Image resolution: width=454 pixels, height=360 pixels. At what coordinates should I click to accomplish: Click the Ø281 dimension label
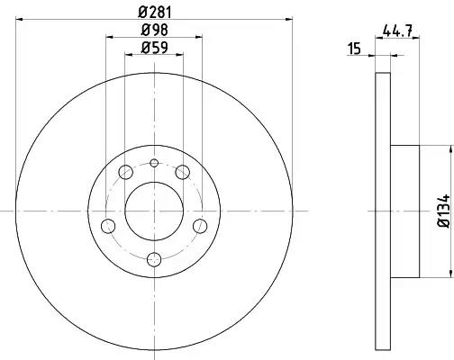click(155, 13)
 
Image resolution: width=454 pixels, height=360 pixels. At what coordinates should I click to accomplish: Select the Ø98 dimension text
click(155, 30)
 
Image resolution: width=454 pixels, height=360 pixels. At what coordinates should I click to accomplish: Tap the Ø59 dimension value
click(155, 48)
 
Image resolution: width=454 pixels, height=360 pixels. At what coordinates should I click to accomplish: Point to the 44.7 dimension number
click(397, 31)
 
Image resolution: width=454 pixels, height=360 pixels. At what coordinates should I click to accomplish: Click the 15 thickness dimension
click(354, 49)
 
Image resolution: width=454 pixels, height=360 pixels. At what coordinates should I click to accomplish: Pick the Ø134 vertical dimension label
click(444, 211)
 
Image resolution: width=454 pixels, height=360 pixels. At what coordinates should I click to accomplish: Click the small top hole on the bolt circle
click(154, 163)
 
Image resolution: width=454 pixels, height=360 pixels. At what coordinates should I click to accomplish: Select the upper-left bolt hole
click(126, 172)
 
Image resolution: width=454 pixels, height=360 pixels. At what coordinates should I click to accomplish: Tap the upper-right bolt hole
click(182, 172)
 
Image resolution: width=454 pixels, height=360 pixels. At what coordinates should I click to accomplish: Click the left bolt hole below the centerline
click(108, 226)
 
